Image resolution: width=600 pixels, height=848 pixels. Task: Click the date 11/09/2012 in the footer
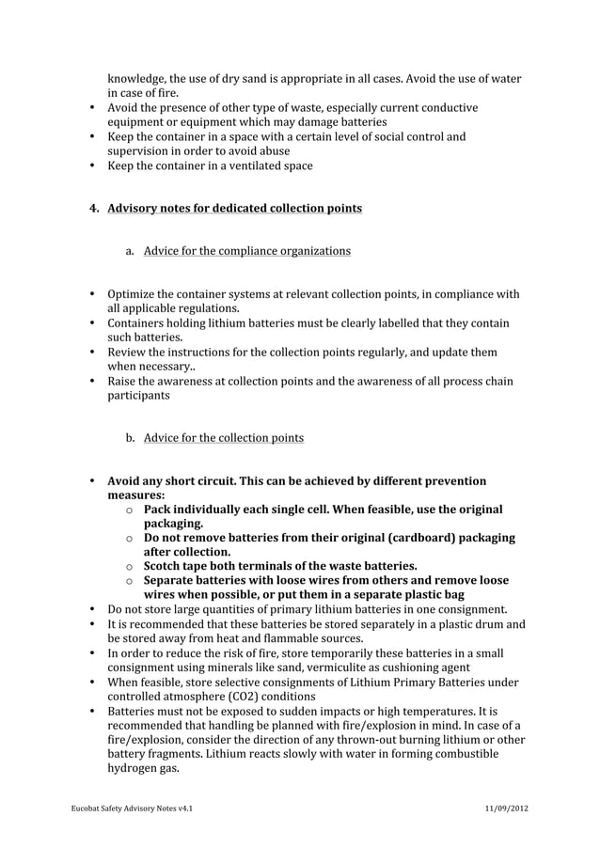(506, 809)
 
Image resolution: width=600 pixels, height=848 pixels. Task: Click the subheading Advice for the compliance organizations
(247, 251)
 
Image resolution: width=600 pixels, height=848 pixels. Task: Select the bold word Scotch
(166, 565)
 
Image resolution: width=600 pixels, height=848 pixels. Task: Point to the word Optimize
(137, 294)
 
